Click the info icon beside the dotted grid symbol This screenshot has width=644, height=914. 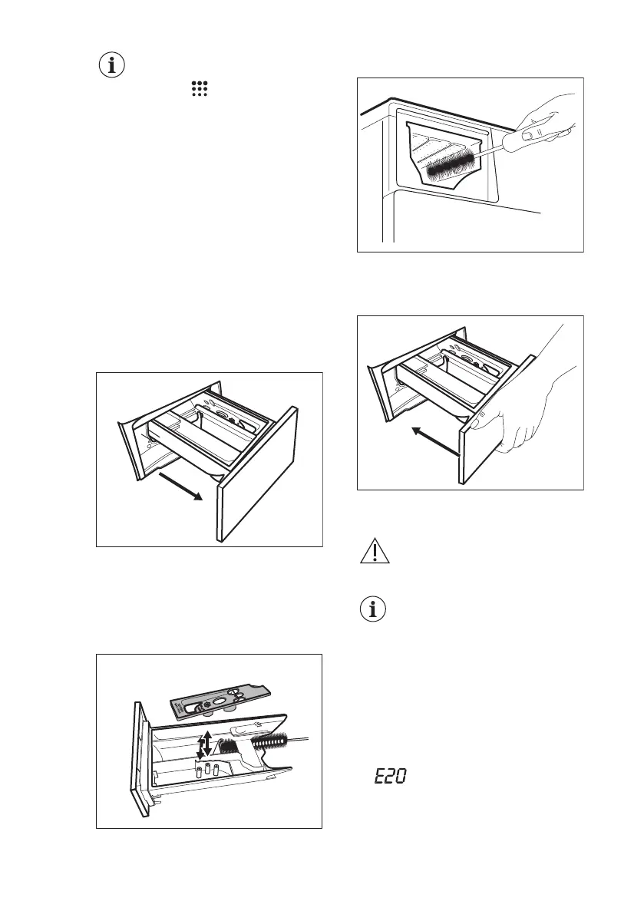(x=113, y=65)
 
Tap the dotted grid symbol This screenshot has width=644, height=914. (x=200, y=90)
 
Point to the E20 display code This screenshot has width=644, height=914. (x=389, y=777)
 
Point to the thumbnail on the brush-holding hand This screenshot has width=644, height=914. (x=529, y=136)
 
